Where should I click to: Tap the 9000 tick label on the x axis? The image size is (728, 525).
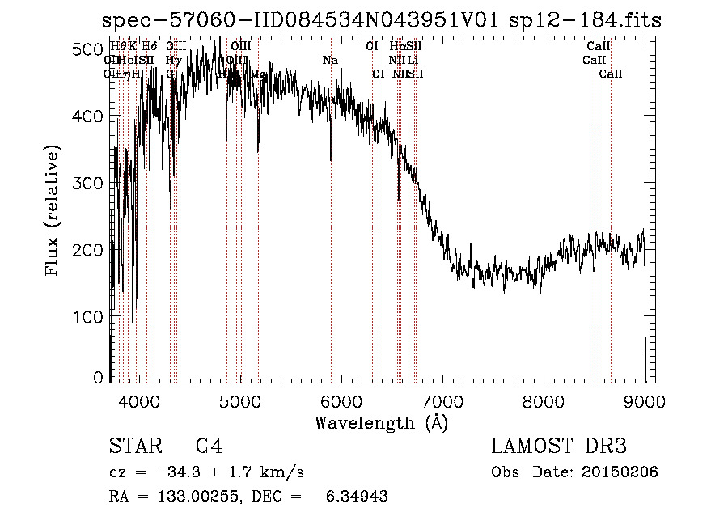(x=644, y=400)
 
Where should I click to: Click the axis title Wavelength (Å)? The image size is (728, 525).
(x=381, y=422)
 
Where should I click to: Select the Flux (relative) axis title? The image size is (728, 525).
(x=54, y=212)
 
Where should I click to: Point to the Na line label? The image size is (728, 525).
(x=329, y=61)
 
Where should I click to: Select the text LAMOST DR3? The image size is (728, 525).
(x=558, y=446)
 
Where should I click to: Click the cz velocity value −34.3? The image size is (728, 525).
(x=164, y=472)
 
